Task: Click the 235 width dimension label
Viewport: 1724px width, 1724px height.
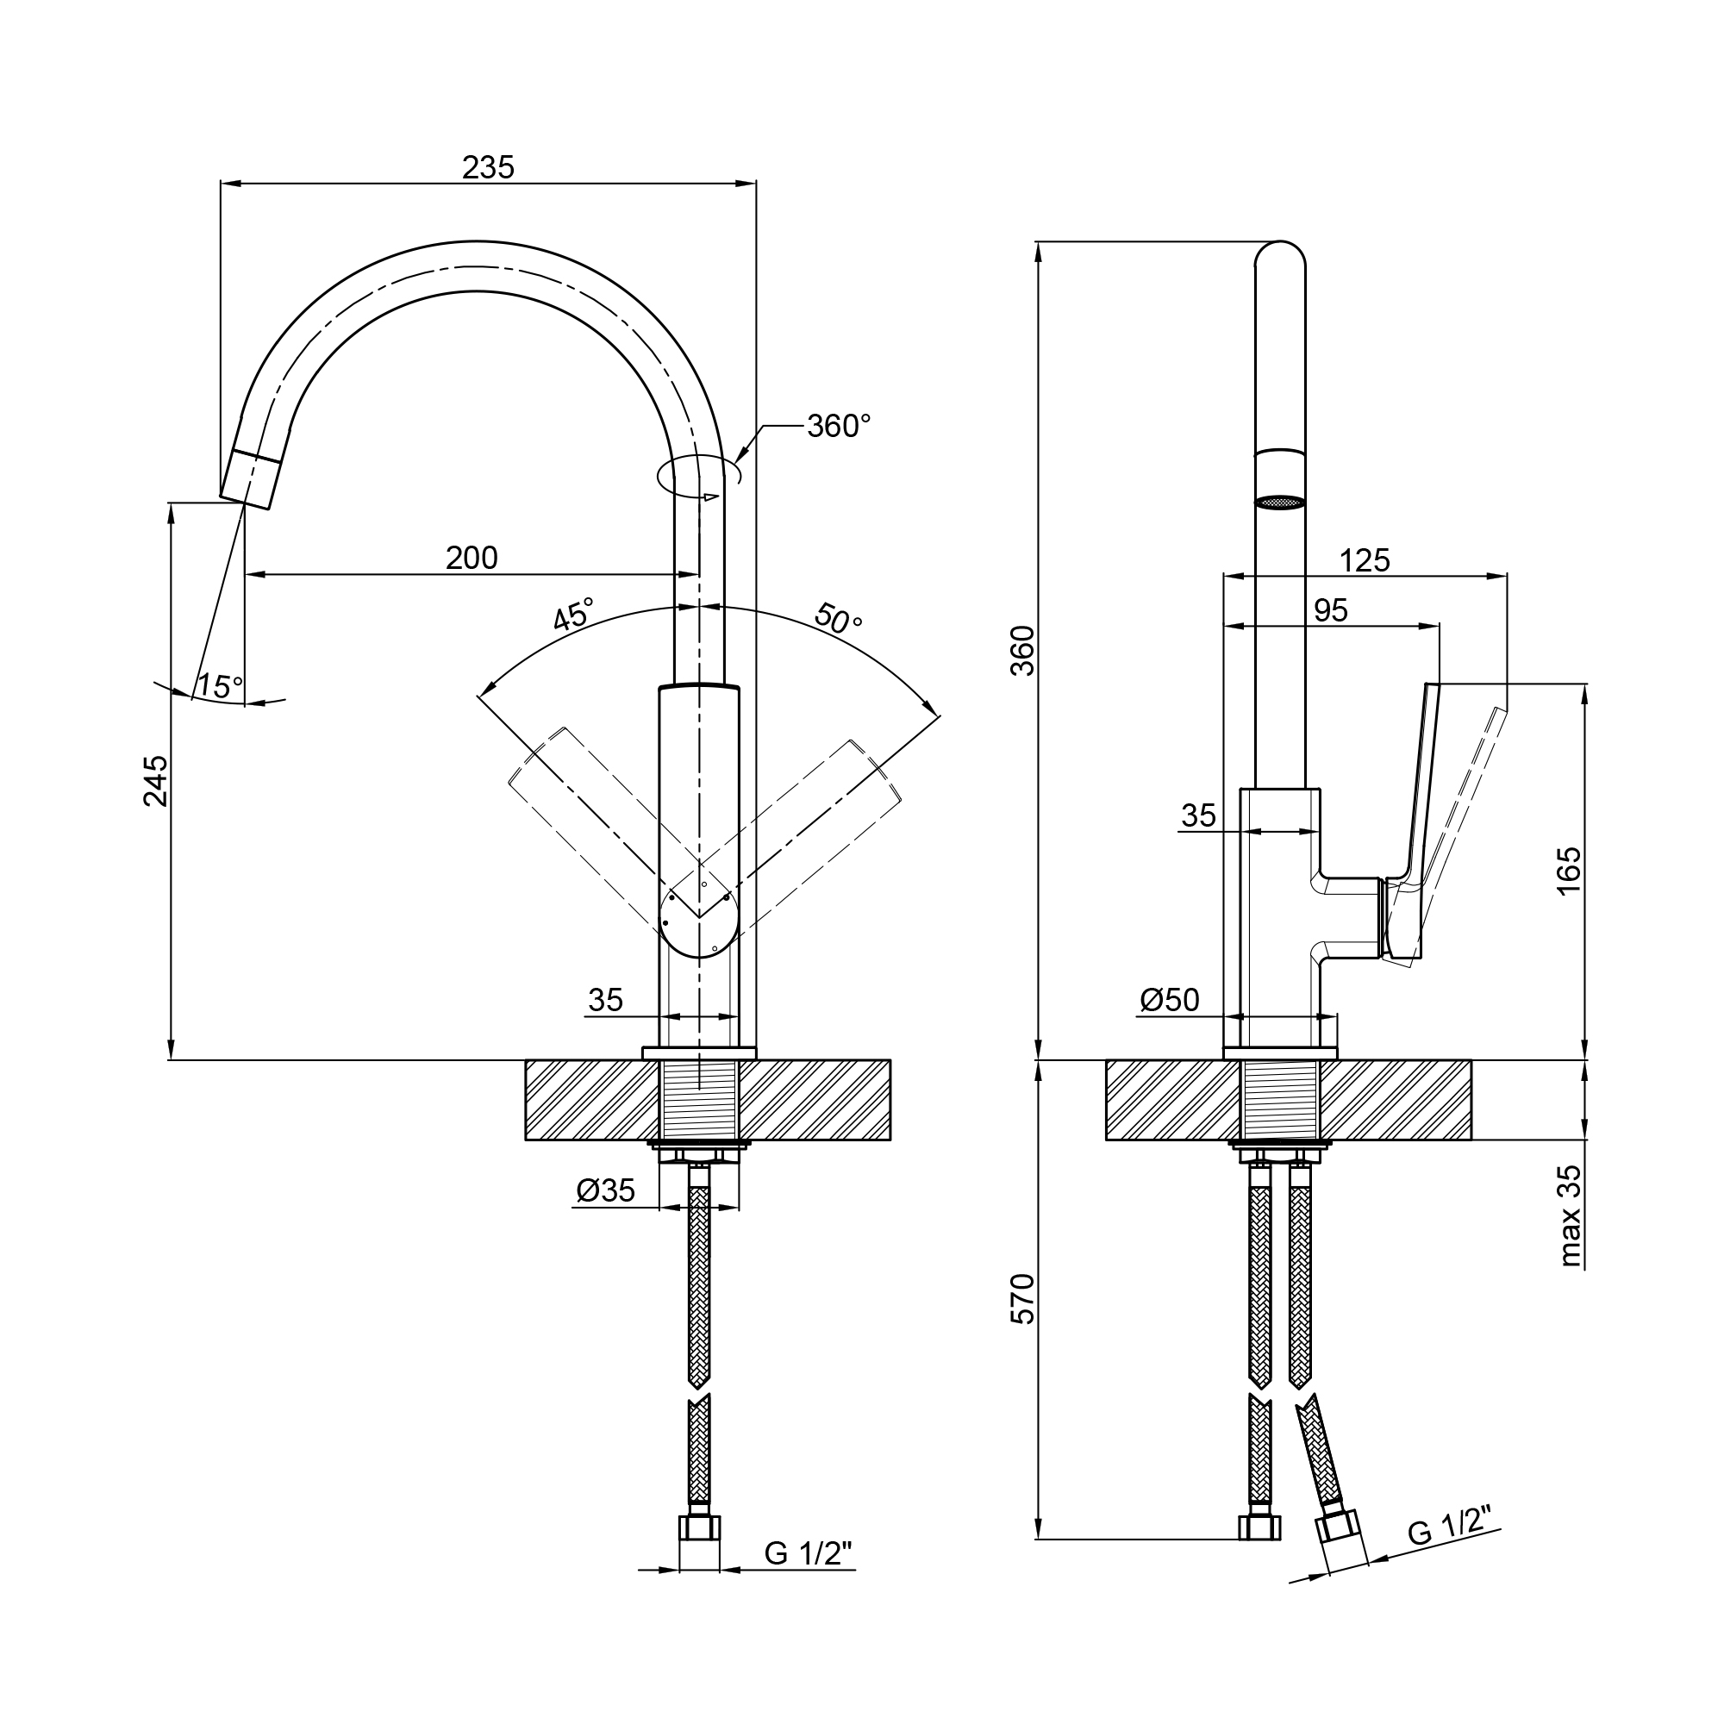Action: click(x=488, y=167)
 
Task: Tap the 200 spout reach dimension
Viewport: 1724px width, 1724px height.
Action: click(x=472, y=558)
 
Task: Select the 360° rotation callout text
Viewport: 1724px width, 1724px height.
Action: click(x=838, y=427)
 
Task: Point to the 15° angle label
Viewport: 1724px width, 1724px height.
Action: click(x=220, y=686)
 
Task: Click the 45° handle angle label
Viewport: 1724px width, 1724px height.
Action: click(x=572, y=615)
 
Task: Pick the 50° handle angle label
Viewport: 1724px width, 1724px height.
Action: click(x=837, y=617)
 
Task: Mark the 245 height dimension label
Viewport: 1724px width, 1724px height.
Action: click(x=155, y=781)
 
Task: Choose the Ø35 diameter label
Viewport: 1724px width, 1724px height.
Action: click(x=605, y=1190)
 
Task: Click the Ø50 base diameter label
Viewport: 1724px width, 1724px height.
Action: click(x=1169, y=1000)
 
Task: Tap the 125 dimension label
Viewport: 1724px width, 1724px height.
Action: click(x=1365, y=560)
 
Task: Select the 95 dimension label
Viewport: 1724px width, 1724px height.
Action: click(x=1330, y=610)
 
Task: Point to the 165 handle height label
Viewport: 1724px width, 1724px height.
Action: click(x=1568, y=870)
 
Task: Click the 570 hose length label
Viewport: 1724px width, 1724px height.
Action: click(x=1022, y=1298)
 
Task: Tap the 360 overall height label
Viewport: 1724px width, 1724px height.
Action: click(x=1022, y=651)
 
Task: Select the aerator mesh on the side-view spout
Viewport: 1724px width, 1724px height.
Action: click(x=1279, y=503)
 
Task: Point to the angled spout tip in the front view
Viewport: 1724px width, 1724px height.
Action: click(x=251, y=479)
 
